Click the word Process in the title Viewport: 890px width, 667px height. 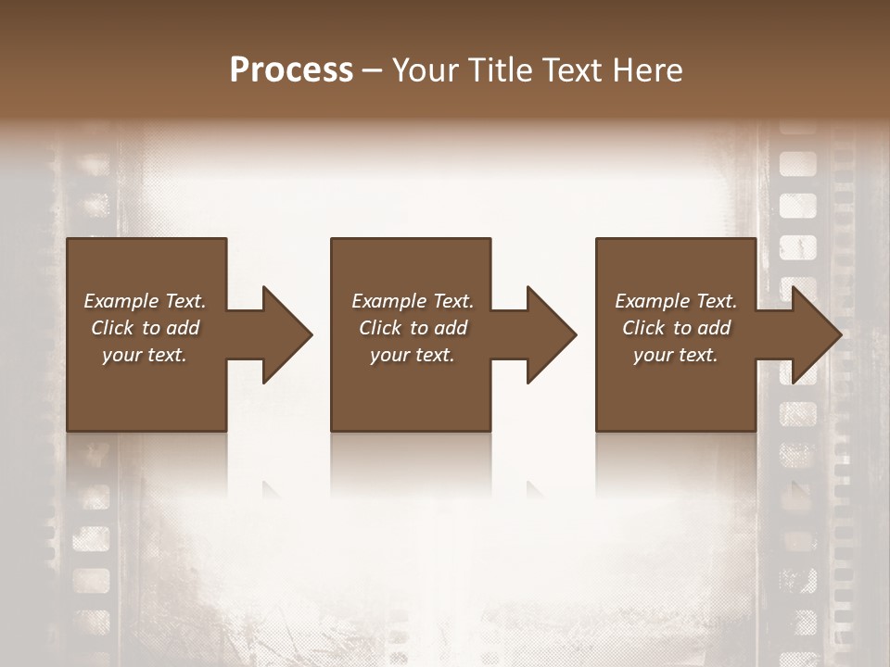(x=291, y=70)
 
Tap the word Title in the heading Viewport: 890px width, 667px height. (x=497, y=70)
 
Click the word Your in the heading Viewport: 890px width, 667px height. (x=426, y=70)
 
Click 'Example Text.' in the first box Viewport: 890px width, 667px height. (x=145, y=301)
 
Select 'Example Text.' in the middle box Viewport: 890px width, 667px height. (x=413, y=301)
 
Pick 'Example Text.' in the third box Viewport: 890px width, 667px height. (x=676, y=301)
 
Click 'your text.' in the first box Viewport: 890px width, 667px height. (x=145, y=355)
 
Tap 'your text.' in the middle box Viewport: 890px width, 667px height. (x=413, y=355)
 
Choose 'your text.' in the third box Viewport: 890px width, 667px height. (x=676, y=355)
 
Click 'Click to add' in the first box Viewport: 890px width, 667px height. (x=145, y=328)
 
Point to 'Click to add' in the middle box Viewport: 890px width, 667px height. (x=413, y=328)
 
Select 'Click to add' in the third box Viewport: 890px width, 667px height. (x=676, y=328)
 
